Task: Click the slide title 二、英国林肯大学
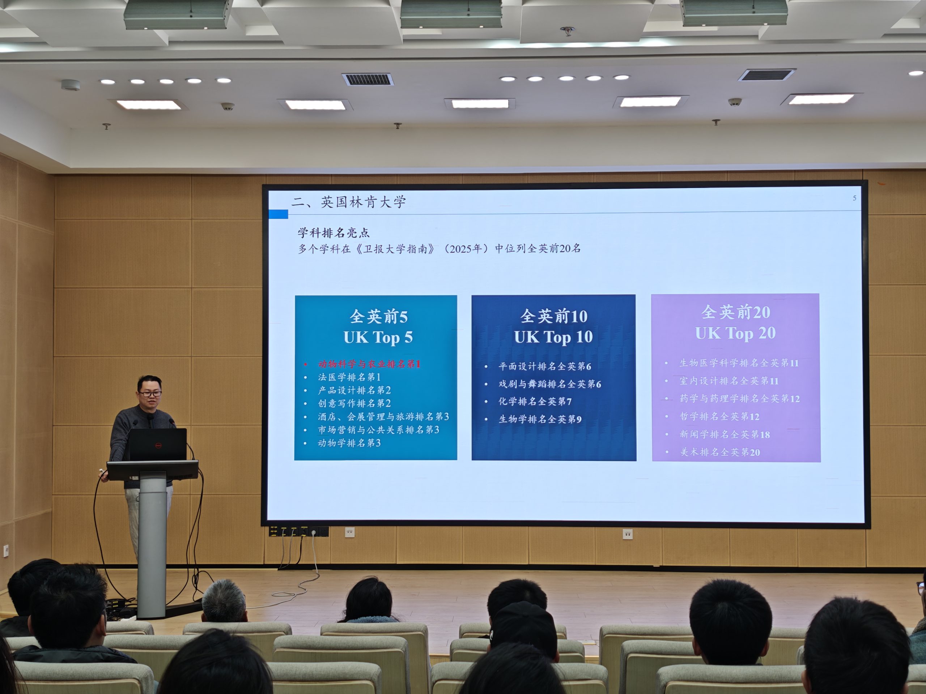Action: tap(349, 202)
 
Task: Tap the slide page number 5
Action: tap(854, 198)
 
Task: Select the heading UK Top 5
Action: tap(378, 337)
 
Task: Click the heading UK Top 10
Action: tap(553, 337)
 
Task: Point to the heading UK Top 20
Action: tap(735, 333)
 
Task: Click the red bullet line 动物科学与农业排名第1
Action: tap(369, 364)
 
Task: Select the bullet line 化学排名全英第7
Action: tap(535, 402)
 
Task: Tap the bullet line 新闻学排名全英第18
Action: tap(725, 434)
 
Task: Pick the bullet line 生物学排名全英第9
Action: tap(540, 419)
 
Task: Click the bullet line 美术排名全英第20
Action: tap(719, 452)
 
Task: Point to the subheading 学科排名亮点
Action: tap(334, 232)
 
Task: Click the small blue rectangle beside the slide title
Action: tap(279, 214)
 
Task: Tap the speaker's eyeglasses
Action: tap(150, 394)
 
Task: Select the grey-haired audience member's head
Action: tap(224, 601)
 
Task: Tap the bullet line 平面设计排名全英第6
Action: tap(545, 367)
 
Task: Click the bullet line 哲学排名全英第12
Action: tap(719, 417)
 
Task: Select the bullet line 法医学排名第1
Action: tap(349, 377)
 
